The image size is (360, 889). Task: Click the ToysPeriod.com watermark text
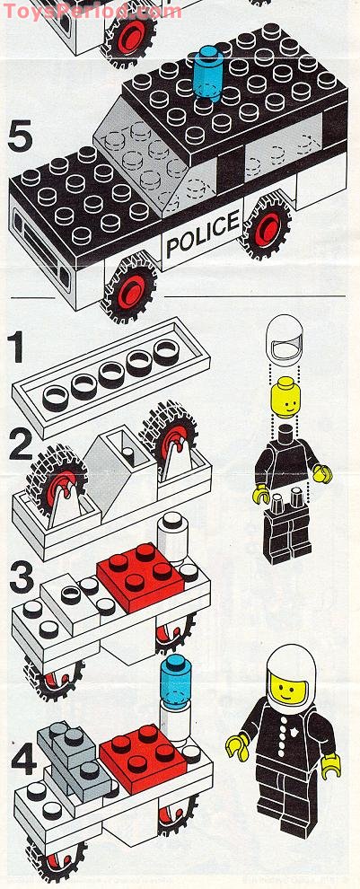(91, 11)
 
